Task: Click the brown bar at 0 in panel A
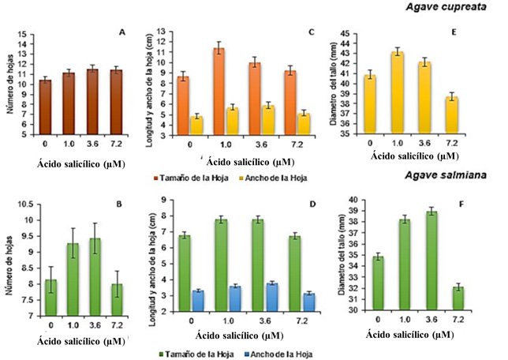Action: pos(46,107)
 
